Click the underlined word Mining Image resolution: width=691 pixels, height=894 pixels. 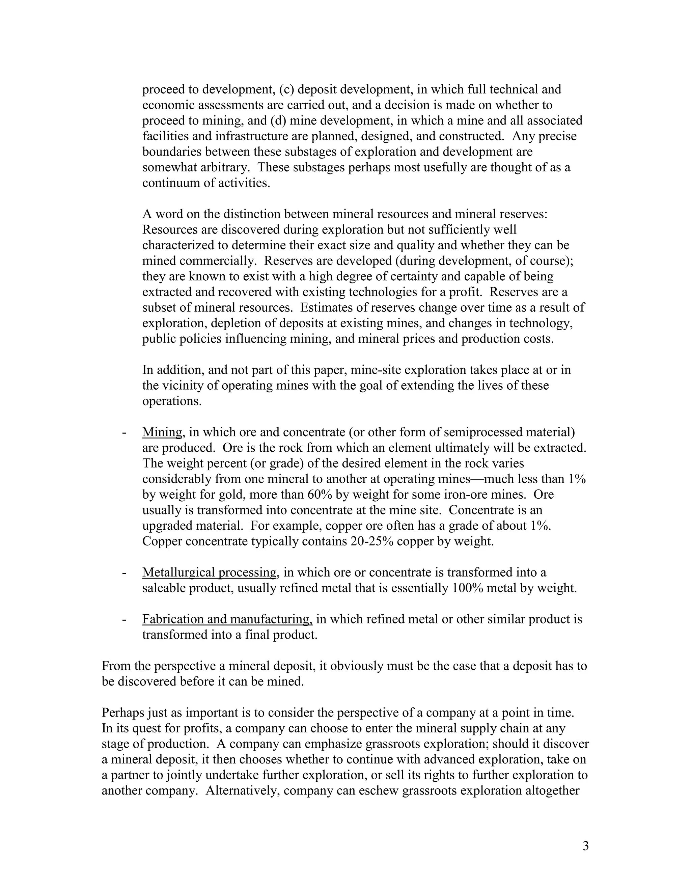[162, 432]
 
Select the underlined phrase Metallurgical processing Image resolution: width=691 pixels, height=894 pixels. [210, 572]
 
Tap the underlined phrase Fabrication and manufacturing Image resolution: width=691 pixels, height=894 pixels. [227, 619]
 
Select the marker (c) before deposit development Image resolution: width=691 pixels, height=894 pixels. [286, 89]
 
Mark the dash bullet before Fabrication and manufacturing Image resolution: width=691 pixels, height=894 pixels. [123, 619]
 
